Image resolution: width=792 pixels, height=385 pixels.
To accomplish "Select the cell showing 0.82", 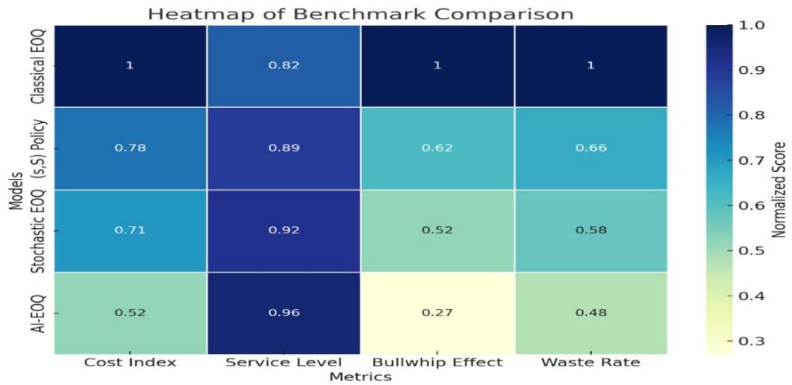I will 283,65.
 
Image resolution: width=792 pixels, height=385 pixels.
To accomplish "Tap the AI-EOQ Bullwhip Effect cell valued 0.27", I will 437,313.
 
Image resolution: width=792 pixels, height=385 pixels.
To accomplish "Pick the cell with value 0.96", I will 283,313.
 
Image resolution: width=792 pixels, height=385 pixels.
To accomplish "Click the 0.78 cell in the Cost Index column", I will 130,148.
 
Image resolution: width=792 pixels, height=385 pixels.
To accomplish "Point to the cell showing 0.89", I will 283,148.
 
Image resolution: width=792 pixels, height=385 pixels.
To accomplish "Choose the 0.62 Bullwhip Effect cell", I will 437,148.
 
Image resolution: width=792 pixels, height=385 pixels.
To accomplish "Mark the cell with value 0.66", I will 590,148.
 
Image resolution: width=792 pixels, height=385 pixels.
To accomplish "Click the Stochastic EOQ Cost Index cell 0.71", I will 130,231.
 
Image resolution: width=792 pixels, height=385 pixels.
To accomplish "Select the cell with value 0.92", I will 283,231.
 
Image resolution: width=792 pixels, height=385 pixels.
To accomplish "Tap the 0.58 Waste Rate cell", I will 590,231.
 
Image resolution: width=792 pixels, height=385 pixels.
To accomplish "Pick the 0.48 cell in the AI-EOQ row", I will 590,313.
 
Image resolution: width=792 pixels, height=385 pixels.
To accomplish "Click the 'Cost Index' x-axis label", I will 130,362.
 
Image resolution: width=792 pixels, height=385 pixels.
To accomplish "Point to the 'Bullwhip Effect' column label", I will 437,362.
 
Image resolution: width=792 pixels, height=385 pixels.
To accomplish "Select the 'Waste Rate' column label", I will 590,362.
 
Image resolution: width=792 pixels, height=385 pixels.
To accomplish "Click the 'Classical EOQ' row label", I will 37,66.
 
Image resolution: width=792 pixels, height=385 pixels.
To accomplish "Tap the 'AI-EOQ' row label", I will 37,313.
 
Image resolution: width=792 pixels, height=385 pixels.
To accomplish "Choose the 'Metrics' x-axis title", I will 360,376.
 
